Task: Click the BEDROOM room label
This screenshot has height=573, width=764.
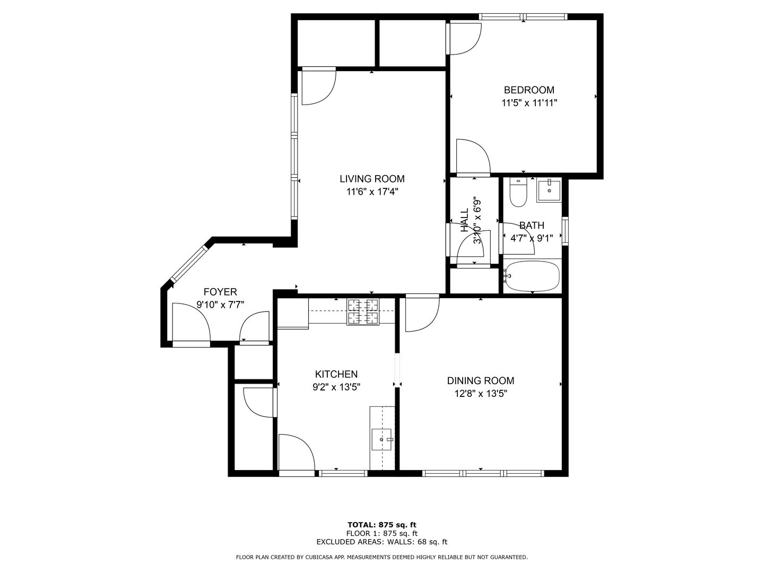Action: click(x=529, y=90)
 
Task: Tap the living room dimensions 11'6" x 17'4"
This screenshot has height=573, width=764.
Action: click(x=372, y=192)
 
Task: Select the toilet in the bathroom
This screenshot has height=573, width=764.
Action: click(x=518, y=193)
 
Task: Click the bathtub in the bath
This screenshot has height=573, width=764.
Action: click(x=532, y=276)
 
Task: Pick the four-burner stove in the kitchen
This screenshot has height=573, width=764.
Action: click(x=363, y=312)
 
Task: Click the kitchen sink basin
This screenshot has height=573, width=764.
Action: click(x=381, y=439)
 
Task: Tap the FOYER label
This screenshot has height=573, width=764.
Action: click(x=220, y=292)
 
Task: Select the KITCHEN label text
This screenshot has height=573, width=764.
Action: click(x=336, y=375)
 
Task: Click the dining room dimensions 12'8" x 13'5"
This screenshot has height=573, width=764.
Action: click(x=481, y=394)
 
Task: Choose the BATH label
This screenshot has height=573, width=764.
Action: click(x=532, y=225)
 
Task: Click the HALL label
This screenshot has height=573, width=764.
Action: click(x=464, y=221)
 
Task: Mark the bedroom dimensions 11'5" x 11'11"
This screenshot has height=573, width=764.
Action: click(x=529, y=103)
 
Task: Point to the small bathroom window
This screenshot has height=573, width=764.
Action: click(x=565, y=231)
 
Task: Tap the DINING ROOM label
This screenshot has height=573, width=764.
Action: click(x=481, y=380)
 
